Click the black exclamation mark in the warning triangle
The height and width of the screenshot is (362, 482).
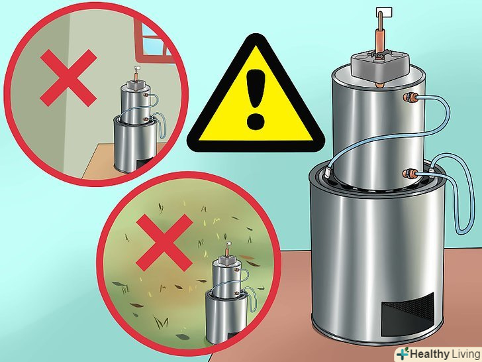[255, 99]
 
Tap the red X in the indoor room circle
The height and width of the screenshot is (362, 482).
[69, 78]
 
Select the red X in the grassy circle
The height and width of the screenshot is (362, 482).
[164, 243]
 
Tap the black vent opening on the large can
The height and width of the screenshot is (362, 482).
[407, 314]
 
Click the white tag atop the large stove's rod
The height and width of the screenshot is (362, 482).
[384, 13]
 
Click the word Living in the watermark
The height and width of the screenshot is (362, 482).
[465, 354]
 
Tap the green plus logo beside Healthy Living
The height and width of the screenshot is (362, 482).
[403, 353]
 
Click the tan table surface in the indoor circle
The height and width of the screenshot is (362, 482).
[101, 163]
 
